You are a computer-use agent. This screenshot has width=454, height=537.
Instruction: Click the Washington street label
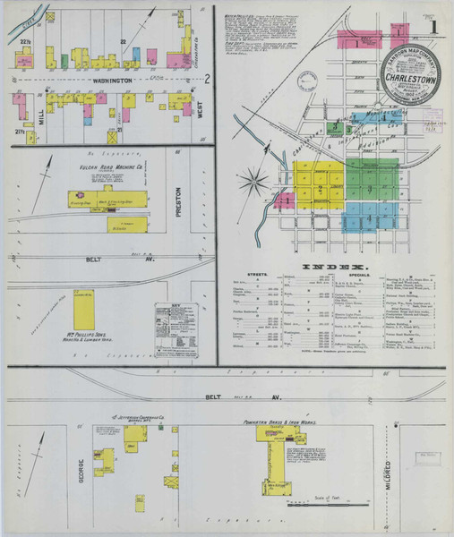[108, 81]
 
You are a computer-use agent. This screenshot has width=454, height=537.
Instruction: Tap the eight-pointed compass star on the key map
[255, 182]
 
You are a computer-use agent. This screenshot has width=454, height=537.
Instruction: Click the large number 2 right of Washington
[205, 79]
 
